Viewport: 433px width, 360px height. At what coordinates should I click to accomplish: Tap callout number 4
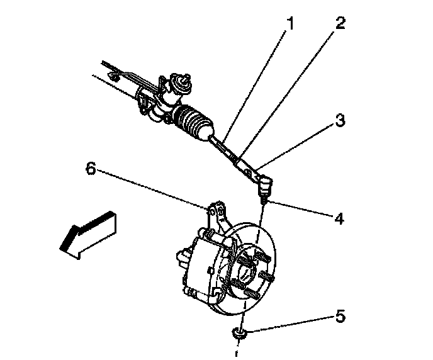tap(339, 219)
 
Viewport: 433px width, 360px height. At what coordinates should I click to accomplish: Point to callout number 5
tap(340, 316)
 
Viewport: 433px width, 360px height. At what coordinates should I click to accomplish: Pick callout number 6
tap(92, 169)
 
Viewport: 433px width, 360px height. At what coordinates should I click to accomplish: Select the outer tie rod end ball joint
tap(265, 184)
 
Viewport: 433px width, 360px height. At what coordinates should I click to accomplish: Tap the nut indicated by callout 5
tap(238, 334)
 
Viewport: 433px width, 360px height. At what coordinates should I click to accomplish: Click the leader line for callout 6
tap(151, 188)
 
